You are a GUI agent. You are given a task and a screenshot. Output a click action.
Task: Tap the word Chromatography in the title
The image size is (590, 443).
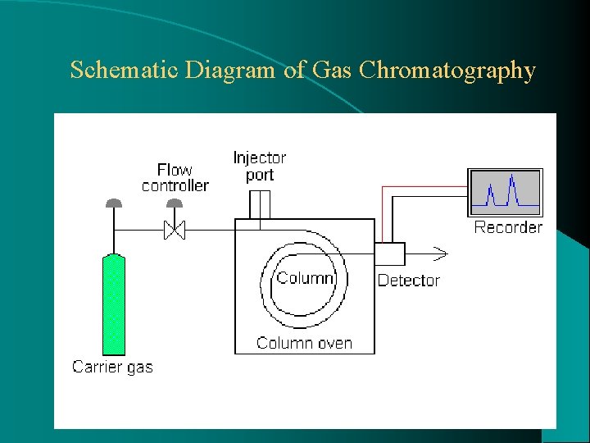coord(447,71)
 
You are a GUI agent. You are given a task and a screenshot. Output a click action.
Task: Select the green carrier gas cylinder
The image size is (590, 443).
coord(113,304)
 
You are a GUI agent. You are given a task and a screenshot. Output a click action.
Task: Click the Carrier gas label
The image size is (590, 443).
coord(112,367)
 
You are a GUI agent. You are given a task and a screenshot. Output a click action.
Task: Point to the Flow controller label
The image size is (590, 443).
coord(175,178)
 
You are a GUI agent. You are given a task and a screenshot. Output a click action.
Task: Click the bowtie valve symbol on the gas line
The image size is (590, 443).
coord(175,231)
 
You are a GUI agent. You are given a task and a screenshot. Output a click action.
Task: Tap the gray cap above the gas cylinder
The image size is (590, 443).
coord(113,203)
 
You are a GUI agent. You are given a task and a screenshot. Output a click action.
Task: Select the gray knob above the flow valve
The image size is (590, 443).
coord(175,203)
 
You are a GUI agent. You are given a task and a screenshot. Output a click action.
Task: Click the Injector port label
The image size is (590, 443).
coord(260,166)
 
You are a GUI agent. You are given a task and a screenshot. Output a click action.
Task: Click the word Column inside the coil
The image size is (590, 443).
coord(305,278)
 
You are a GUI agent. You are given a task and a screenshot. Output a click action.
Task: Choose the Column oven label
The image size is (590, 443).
coord(304,343)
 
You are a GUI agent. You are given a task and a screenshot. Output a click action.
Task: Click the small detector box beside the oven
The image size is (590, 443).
coord(390,253)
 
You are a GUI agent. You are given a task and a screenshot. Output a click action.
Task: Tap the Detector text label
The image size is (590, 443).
coord(408,281)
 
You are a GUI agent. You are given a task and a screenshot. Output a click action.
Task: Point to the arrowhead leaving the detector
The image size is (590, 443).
coord(440,253)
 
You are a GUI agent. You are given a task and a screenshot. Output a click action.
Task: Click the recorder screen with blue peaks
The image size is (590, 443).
coord(505,193)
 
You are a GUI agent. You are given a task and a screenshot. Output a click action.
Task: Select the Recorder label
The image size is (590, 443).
coord(508,227)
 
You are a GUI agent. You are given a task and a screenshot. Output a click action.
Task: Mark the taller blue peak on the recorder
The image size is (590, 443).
coord(513,190)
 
